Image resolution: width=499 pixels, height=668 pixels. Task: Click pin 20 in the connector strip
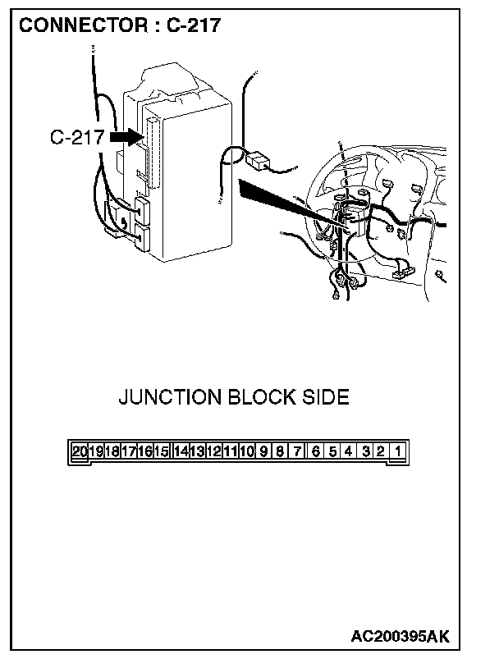[80, 451]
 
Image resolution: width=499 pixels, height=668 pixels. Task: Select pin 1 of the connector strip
[398, 451]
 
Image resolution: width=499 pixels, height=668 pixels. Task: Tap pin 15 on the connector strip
[161, 451]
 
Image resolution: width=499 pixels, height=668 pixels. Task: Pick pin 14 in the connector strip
[182, 451]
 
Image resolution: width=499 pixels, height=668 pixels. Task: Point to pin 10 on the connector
[246, 451]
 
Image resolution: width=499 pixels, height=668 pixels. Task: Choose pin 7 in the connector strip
[297, 451]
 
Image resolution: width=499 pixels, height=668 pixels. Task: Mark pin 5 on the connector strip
[332, 451]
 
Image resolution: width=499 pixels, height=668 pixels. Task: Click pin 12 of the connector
[213, 451]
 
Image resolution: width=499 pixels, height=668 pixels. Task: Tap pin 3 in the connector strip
[366, 451]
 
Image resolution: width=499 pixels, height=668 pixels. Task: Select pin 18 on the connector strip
[112, 451]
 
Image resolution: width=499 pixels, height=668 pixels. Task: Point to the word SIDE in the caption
[325, 398]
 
